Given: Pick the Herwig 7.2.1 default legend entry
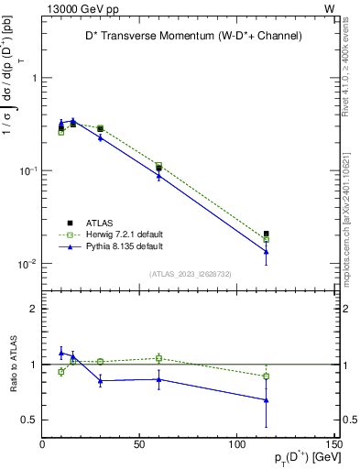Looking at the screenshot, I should coord(110,234).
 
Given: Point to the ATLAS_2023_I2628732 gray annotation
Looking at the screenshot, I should coord(190,273).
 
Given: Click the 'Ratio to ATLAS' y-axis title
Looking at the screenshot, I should coord(13,364).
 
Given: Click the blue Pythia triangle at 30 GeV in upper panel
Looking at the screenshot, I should coord(101,137).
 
